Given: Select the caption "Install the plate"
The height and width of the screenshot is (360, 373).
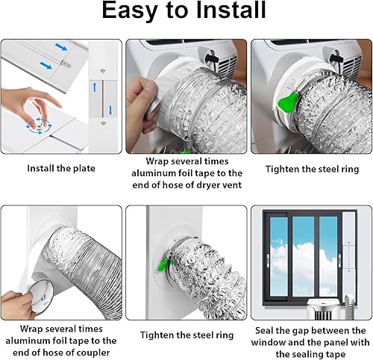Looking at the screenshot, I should [x=61, y=169].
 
